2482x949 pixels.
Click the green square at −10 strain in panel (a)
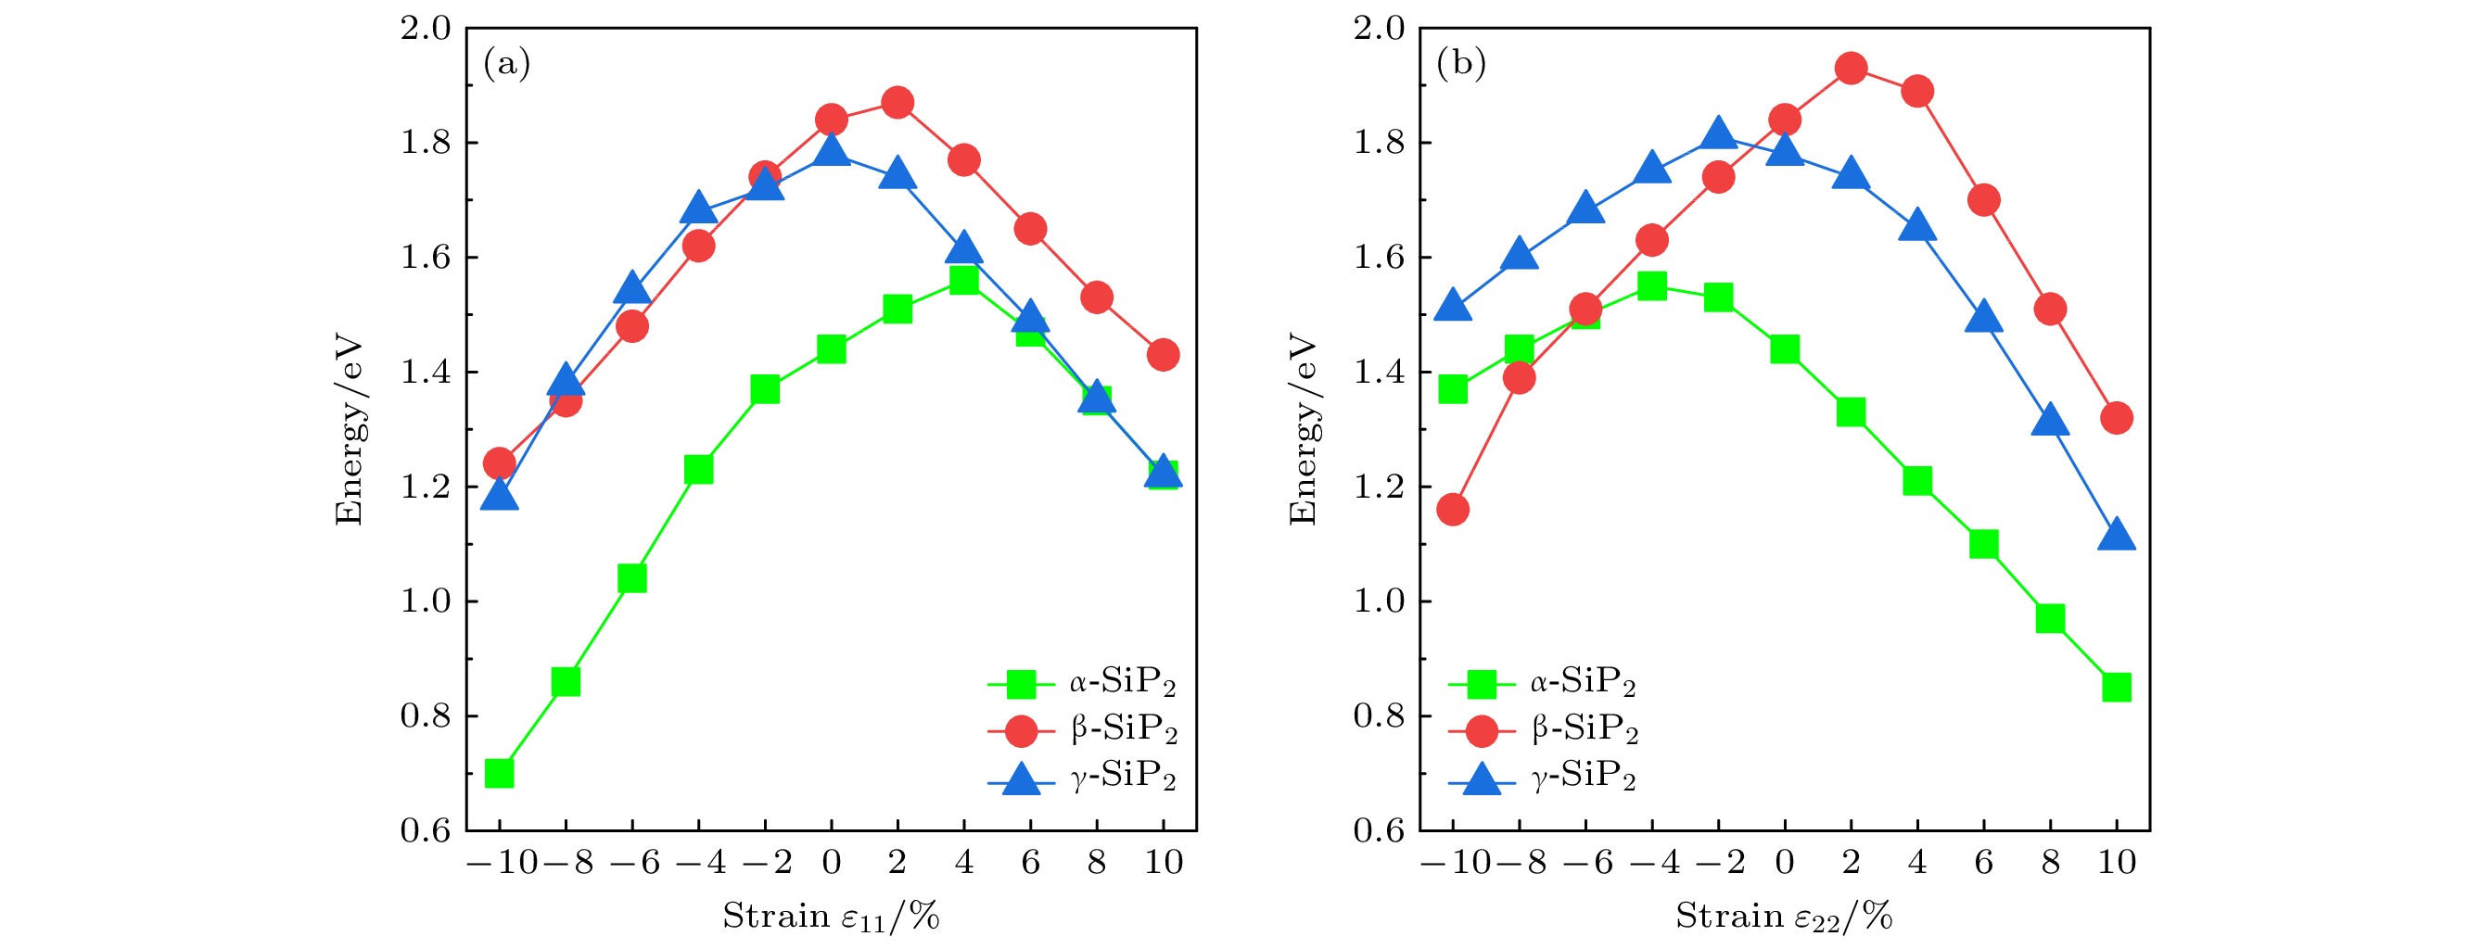coord(499,773)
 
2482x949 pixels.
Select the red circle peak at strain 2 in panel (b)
coord(1851,69)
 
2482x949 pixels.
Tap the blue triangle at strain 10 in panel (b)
coord(2116,536)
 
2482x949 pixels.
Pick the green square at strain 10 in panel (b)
coord(2116,687)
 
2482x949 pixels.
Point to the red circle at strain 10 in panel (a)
coord(1163,355)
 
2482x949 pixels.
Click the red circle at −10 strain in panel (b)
coord(1453,510)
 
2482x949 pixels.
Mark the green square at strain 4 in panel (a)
coord(963,279)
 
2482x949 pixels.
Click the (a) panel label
coord(507,64)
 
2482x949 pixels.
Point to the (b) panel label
coord(1460,64)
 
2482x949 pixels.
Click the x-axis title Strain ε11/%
coord(831,917)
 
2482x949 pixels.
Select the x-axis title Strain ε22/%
coord(1784,917)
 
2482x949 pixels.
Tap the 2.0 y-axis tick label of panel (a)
coord(426,29)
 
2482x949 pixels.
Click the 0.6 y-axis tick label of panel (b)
coord(1379,830)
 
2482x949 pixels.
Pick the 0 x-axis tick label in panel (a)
coord(831,862)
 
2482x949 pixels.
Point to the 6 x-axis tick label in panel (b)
coord(1983,862)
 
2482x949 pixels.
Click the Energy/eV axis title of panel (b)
coord(1303,430)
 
